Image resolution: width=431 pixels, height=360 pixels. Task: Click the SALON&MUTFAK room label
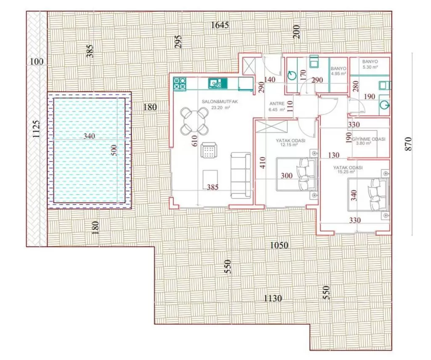coord(220,102)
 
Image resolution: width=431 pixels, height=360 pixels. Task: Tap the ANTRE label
coord(277,104)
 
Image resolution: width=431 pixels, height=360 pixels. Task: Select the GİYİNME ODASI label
coord(368,139)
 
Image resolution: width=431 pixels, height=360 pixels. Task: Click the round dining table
coord(194,121)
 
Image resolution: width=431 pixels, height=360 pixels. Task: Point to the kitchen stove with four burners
coord(180,84)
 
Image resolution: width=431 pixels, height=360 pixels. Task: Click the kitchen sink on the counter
coord(218,83)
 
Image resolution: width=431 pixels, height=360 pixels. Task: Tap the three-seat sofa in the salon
coord(241,175)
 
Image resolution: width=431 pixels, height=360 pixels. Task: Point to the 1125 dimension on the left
coord(36,130)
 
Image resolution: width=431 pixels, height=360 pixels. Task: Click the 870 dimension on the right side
coord(408,143)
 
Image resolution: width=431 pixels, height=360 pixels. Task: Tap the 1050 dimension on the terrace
coord(279,245)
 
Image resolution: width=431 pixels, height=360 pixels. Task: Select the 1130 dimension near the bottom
coord(273,298)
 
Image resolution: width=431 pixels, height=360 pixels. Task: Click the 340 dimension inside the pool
coord(89,136)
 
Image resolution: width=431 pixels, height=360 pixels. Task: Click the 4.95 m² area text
coord(338,74)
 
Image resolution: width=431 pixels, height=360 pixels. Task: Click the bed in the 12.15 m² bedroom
coord(297,174)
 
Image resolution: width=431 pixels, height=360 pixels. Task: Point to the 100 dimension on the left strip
coord(37,61)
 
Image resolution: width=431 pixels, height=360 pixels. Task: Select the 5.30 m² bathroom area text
coord(370,67)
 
